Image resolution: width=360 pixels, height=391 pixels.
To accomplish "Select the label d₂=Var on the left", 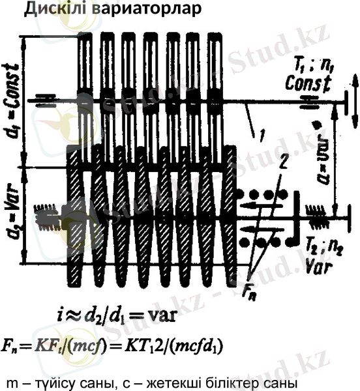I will click(x=13, y=215).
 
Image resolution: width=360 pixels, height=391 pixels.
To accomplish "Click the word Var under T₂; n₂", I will click(x=319, y=265).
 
